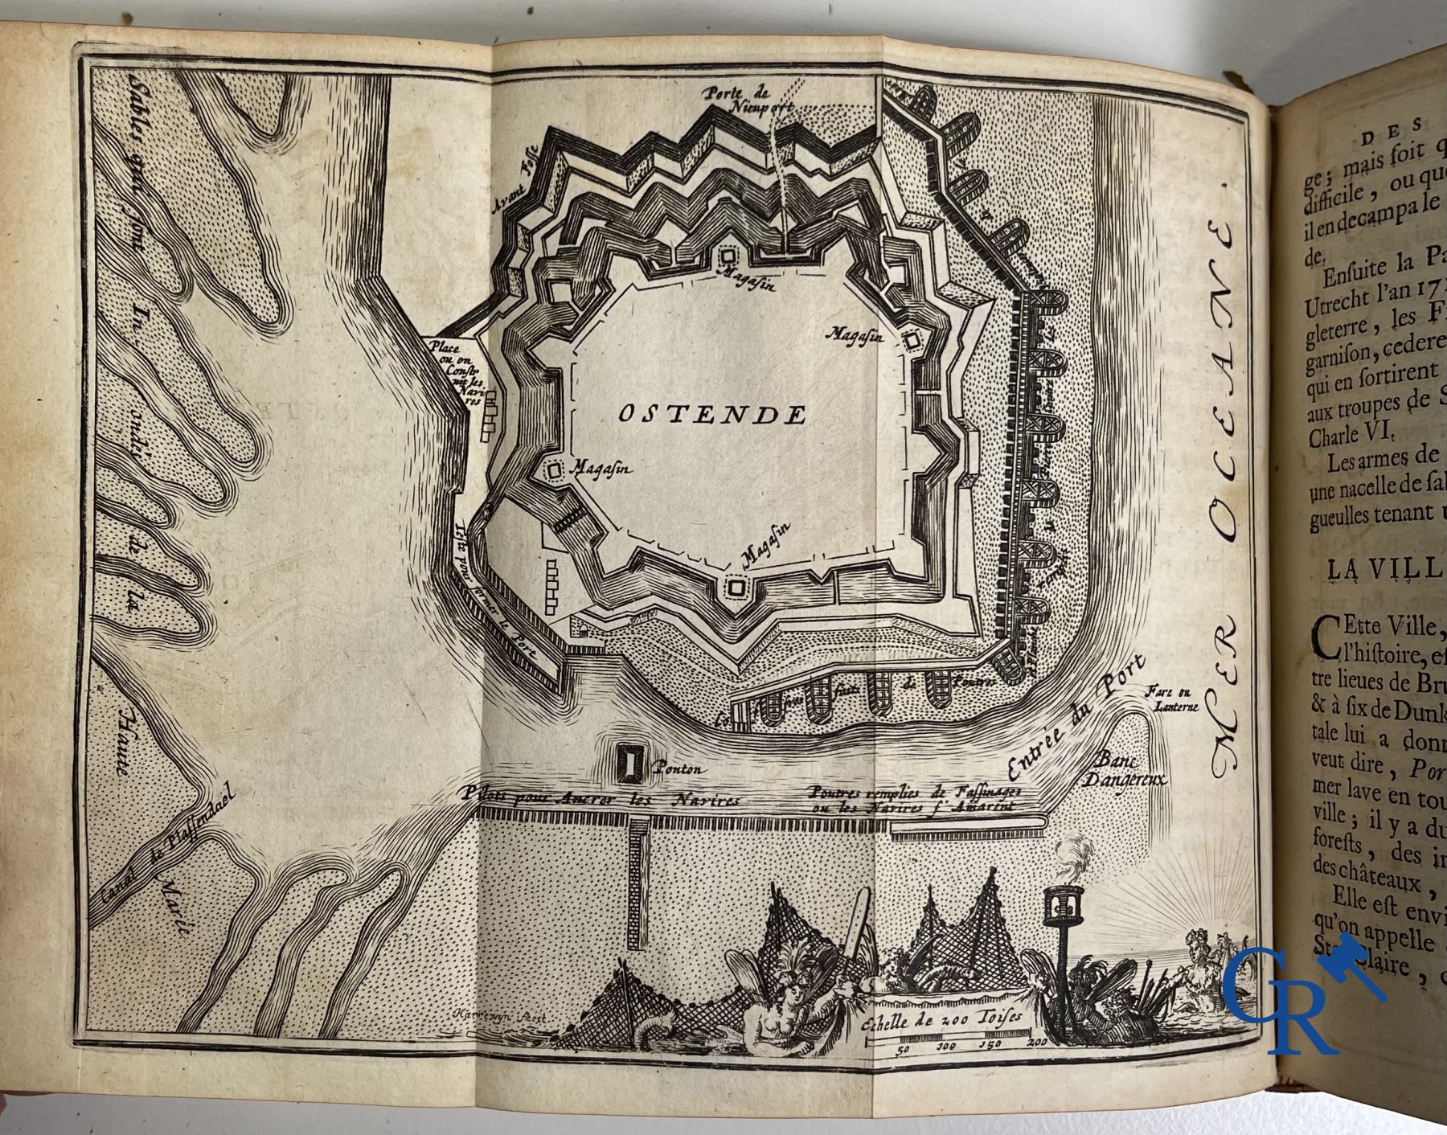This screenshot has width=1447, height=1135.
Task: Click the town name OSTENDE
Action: [x=712, y=415]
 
